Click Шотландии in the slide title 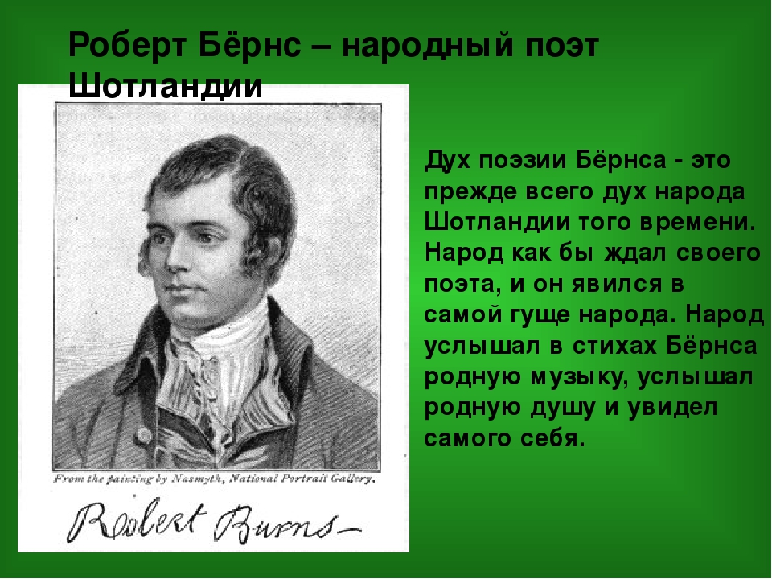click(x=166, y=87)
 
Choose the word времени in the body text click(x=698, y=223)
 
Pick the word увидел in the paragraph click(x=674, y=409)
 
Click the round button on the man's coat click(x=143, y=435)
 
